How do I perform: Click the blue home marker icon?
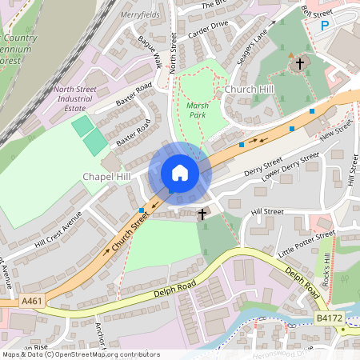pyautogui.click(x=180, y=173)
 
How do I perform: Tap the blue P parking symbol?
pyautogui.click(x=325, y=26)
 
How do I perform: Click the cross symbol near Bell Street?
pyautogui.click(x=300, y=62)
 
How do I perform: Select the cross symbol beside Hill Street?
pyautogui.click(x=202, y=214)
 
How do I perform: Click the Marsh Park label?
pyautogui.click(x=197, y=110)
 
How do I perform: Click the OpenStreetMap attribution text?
pyautogui.click(x=80, y=354)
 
